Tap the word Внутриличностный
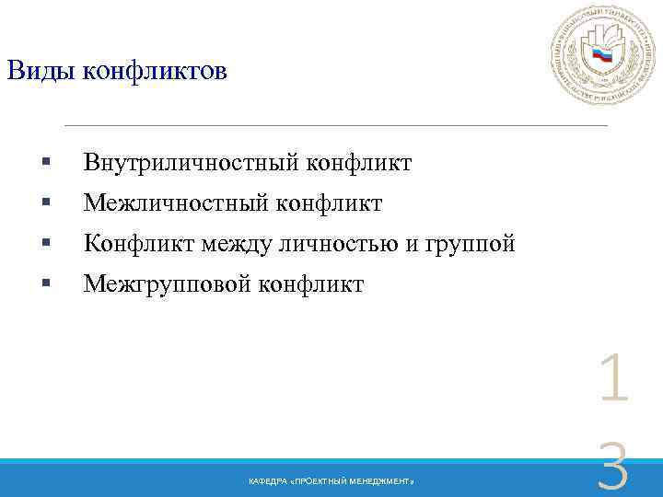(187, 164)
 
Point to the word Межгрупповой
(167, 284)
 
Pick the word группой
(471, 245)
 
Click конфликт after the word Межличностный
(321, 203)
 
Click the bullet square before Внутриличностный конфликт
(45, 165)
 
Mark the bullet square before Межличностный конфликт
(45, 204)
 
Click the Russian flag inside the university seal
(602, 55)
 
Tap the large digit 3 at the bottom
(613, 469)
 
